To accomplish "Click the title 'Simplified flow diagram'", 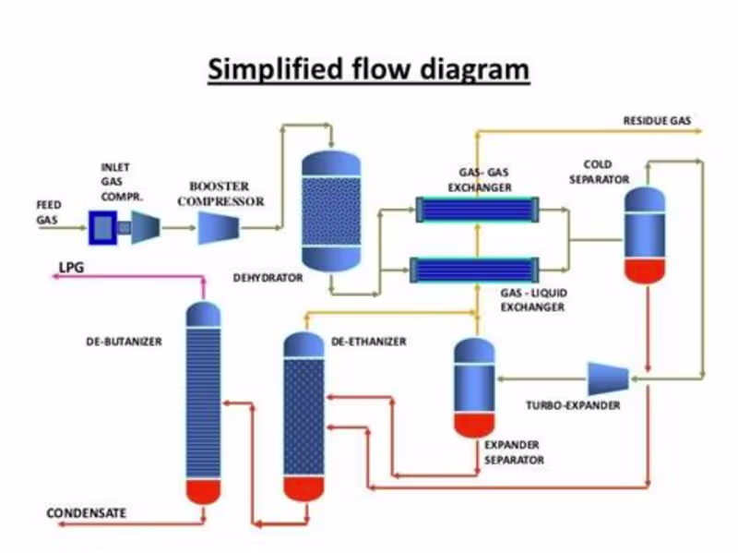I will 368,70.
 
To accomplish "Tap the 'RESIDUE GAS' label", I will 657,121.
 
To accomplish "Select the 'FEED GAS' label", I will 47,211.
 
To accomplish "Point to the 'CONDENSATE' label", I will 87,512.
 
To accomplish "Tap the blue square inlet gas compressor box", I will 102,226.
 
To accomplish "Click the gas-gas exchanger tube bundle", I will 476,210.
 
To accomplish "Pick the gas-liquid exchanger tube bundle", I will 476,270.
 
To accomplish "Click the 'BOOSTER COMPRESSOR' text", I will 220,193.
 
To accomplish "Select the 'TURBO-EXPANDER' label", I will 573,405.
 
